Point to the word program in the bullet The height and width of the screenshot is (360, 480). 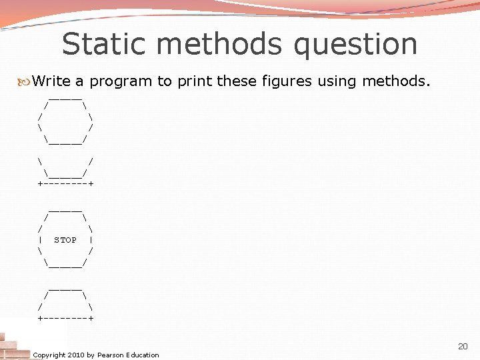pos(121,82)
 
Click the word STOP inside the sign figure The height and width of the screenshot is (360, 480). pos(65,240)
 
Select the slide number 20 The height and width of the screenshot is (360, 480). pos(463,346)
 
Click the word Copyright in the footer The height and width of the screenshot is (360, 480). pos(49,355)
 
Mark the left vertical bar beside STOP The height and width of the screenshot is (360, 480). pos(41,240)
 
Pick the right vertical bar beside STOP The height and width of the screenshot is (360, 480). pos(90,240)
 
